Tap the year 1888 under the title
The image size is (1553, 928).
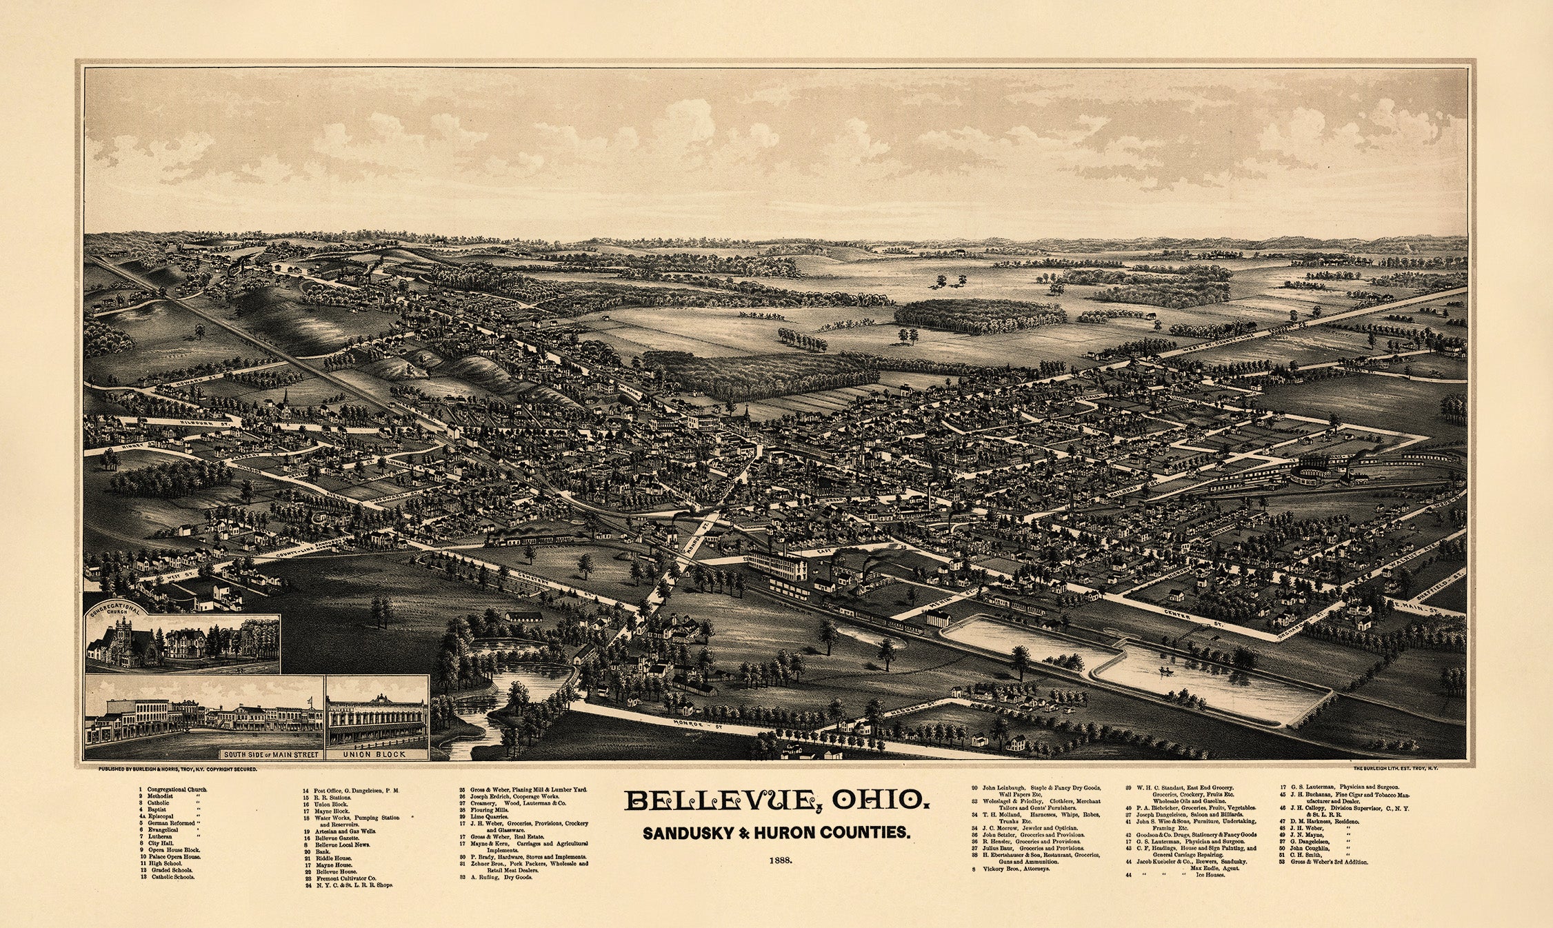pos(776,860)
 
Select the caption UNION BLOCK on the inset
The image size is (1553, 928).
pos(377,754)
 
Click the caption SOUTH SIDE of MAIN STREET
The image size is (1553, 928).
pos(268,754)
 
